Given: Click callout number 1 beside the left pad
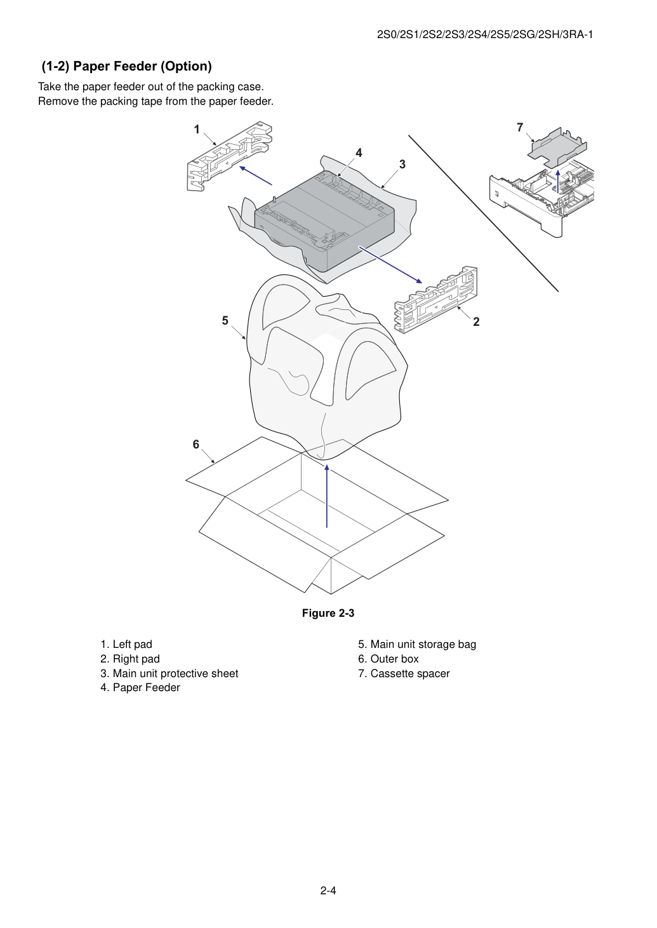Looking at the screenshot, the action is coord(197,130).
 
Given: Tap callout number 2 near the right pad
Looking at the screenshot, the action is coord(476,322).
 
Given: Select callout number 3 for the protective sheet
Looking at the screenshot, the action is coord(402,165).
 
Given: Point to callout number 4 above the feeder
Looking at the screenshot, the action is coord(359,153).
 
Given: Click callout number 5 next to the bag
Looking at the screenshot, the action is coord(225,321).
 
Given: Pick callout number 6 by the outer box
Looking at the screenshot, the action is coord(196,445).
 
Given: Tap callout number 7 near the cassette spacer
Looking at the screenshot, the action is coord(520,128).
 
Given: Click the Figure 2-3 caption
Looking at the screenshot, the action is coord(328,613).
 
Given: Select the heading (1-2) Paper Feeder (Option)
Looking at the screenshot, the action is coord(127,66).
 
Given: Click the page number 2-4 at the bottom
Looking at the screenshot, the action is coord(328,891).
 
